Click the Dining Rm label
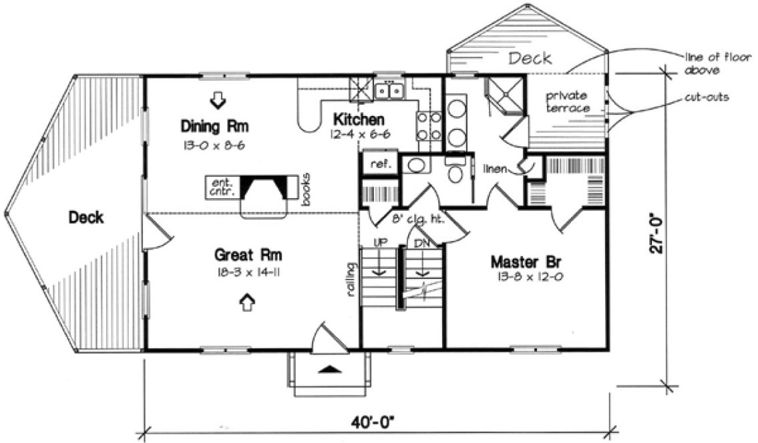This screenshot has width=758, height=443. tap(210, 125)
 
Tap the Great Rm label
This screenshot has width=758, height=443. tap(248, 254)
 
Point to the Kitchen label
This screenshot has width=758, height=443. tap(359, 120)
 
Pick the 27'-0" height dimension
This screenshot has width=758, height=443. tap(660, 231)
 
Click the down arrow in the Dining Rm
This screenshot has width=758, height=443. tap(218, 100)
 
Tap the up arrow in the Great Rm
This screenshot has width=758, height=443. tap(246, 302)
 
